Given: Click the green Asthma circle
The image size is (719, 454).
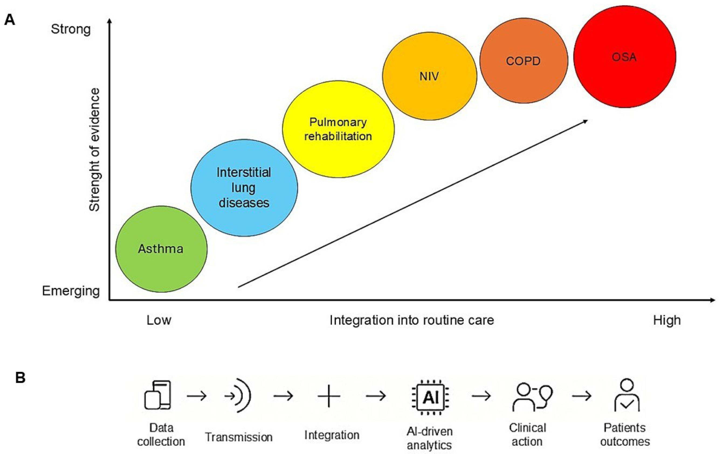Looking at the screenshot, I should pyautogui.click(x=161, y=249).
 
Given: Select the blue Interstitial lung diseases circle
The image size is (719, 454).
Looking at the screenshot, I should pyautogui.click(x=244, y=188).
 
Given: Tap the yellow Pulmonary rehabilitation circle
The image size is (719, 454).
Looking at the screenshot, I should pyautogui.click(x=338, y=129).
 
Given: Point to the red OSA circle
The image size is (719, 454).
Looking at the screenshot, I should pyautogui.click(x=624, y=57).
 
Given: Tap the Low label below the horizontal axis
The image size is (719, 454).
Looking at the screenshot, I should pyautogui.click(x=159, y=320).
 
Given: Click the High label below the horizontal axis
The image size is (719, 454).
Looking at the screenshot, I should pyautogui.click(x=667, y=320).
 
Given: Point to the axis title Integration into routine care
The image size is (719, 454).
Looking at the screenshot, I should pyautogui.click(x=412, y=320).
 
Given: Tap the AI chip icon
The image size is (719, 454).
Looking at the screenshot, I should pyautogui.click(x=430, y=397).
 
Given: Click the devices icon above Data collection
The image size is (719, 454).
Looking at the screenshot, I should pyautogui.click(x=158, y=395).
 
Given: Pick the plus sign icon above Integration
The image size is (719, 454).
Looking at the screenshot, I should pyautogui.click(x=329, y=396).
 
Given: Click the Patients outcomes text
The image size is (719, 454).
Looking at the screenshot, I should pyautogui.click(x=625, y=435).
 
